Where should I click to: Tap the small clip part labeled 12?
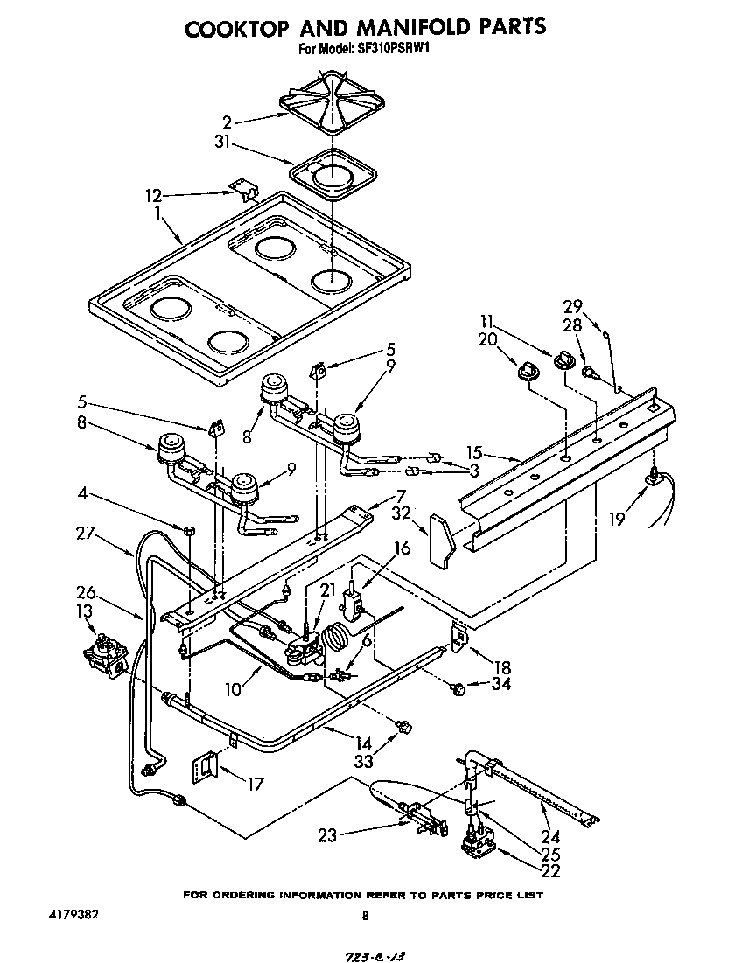point(248,190)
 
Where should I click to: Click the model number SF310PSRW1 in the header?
point(393,50)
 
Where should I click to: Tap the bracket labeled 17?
point(206,769)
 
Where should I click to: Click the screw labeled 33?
point(404,725)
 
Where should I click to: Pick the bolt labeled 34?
point(455,689)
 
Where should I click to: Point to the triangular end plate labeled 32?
point(443,540)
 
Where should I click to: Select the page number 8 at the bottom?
point(365,916)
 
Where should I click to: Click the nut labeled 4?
point(188,530)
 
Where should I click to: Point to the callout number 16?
point(402,548)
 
